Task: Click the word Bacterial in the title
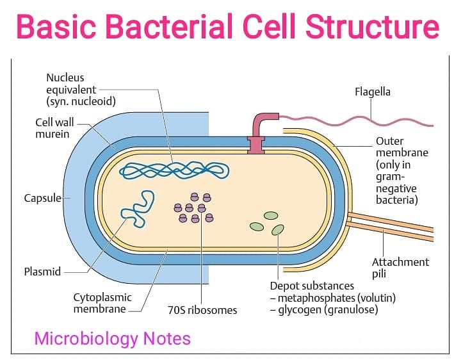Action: (168, 26)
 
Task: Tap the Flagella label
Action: (372, 92)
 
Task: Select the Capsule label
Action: (42, 198)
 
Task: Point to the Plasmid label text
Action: (42, 272)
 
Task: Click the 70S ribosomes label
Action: (202, 310)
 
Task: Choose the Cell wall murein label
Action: (54, 128)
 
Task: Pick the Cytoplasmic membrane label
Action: (102, 303)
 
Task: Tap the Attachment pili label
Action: (400, 268)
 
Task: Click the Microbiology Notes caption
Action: (112, 338)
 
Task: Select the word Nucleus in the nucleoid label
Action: (65, 78)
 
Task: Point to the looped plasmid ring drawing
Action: (138, 209)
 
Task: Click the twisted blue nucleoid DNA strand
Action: (174, 170)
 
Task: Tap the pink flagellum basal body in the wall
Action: (256, 145)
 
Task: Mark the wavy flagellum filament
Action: (356, 121)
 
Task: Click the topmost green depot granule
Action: (271, 215)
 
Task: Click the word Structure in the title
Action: (373, 26)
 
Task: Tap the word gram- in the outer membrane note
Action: (391, 177)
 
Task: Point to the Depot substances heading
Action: (312, 286)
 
